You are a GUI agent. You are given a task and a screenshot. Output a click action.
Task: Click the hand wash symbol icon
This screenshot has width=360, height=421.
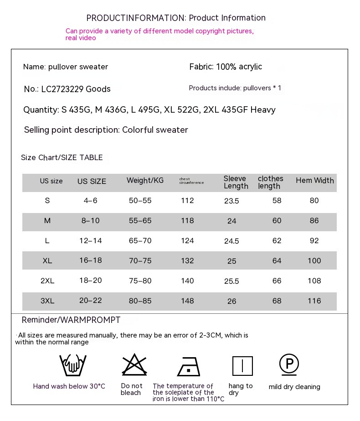[x=73, y=365]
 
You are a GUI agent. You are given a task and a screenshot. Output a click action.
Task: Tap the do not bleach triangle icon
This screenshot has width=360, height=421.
[x=134, y=365]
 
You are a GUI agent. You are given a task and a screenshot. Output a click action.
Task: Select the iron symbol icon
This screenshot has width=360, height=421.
[x=189, y=366]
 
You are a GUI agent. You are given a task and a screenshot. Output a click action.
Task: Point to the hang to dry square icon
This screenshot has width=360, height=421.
[x=242, y=366]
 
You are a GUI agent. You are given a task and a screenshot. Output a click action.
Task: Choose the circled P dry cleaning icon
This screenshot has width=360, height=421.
[x=289, y=364]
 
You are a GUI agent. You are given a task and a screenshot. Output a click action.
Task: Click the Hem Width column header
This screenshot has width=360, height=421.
[x=315, y=181]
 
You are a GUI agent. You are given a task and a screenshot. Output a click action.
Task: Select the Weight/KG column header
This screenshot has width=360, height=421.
[x=145, y=181]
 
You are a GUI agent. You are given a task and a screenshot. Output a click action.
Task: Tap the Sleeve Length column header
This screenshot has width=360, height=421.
[x=236, y=182]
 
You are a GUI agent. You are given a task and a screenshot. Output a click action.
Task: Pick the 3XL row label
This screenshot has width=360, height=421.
[x=47, y=301]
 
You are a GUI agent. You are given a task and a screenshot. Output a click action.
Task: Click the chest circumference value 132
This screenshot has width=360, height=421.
[x=187, y=261]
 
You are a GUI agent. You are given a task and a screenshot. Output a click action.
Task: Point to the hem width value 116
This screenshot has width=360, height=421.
[x=314, y=301]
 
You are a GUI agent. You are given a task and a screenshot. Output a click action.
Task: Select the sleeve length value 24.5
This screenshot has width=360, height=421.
[x=231, y=241]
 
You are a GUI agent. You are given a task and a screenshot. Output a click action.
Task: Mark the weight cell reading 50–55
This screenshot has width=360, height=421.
[x=140, y=201]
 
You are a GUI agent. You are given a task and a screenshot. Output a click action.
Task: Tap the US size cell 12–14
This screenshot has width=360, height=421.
[x=91, y=241]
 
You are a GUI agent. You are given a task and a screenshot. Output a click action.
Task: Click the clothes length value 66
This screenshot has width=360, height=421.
[x=277, y=281]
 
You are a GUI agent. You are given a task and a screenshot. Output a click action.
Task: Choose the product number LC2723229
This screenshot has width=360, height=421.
[x=62, y=89]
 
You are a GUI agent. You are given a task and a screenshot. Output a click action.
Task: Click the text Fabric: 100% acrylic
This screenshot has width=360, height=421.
[x=226, y=67]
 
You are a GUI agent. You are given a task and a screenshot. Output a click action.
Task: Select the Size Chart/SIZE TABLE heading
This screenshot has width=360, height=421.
[x=62, y=158]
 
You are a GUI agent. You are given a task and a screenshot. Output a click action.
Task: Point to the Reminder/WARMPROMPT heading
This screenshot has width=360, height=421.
[x=71, y=320]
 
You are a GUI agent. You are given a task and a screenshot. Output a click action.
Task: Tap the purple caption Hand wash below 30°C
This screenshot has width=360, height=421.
[x=69, y=387]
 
